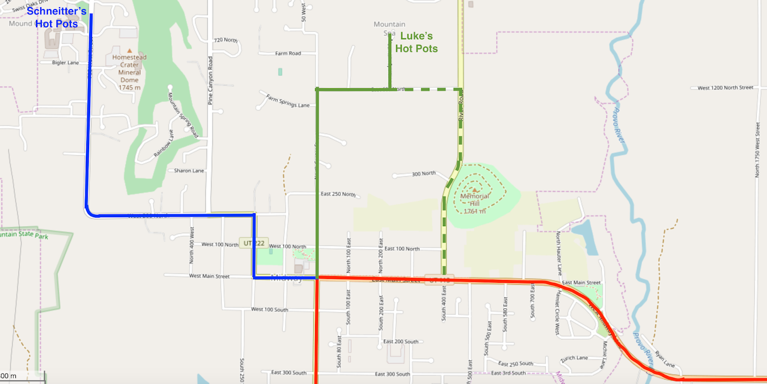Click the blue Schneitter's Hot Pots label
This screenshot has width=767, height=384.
[x=57, y=17]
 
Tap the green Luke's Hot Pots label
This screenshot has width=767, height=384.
[x=417, y=42]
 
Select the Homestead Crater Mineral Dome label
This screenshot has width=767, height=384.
[x=129, y=72]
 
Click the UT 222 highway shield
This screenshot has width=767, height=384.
[x=254, y=243]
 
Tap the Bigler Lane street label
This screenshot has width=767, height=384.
[x=66, y=63]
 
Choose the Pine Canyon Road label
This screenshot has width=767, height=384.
[x=210, y=81]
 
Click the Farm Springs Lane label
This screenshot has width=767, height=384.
[x=288, y=101]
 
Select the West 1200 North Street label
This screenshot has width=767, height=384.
[x=725, y=88]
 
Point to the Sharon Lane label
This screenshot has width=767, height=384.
[x=189, y=171]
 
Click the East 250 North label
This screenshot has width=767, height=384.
[x=338, y=194]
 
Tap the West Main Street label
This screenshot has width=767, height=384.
[x=209, y=276]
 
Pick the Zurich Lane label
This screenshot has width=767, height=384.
[x=574, y=359]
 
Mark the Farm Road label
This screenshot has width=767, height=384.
[x=288, y=53]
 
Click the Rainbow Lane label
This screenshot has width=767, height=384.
[x=163, y=144]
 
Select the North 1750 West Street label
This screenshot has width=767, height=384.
[x=757, y=150]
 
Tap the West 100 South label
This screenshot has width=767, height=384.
[x=270, y=309]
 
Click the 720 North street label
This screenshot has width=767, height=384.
[x=226, y=40]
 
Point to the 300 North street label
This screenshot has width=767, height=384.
[x=424, y=174]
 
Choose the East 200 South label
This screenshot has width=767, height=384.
[x=401, y=341]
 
